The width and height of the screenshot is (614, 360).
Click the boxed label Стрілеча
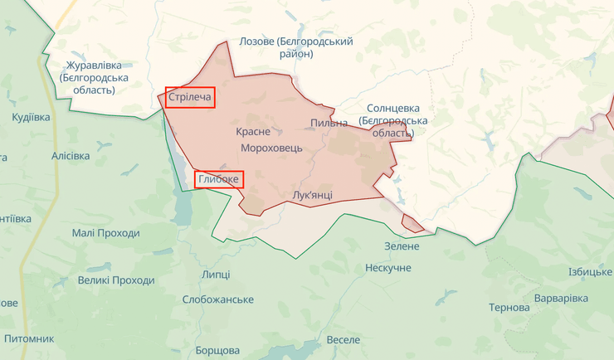point(190,98)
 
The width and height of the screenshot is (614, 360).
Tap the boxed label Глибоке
point(219,179)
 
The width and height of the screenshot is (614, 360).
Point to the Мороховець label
point(271,148)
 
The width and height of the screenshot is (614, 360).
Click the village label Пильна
point(329,124)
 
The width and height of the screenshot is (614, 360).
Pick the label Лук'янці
point(313,195)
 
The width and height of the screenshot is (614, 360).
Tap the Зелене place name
point(402,246)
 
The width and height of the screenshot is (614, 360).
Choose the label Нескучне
point(387,268)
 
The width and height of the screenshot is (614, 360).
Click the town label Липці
point(216,275)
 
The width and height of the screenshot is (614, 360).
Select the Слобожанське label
point(217,299)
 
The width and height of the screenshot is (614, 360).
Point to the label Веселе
point(344,340)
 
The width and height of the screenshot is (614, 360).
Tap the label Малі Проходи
point(105,234)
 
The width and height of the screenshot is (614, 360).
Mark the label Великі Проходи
point(116,280)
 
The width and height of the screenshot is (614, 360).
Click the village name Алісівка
point(71,156)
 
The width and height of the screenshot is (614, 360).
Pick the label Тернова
point(509,307)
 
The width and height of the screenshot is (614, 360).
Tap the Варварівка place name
point(561,298)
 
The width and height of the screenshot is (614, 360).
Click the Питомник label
point(29,339)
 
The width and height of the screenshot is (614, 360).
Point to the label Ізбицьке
point(590,272)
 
